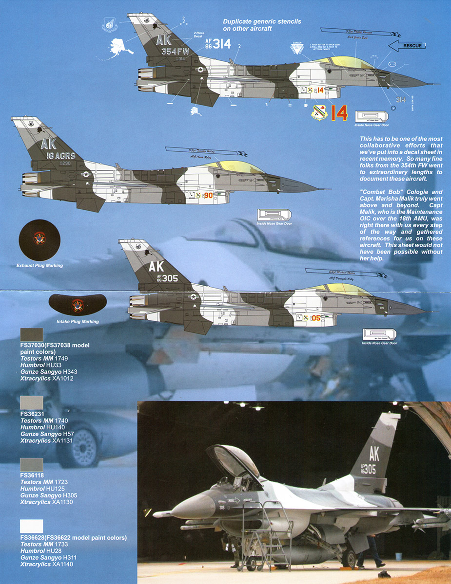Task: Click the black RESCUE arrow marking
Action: tap(408, 46)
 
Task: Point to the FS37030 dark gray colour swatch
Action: tap(32, 335)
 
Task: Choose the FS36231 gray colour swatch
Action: tap(32, 403)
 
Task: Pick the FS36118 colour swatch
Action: tap(32, 465)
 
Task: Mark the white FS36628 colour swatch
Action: tap(32, 527)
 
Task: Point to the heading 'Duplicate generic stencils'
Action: tap(262, 21)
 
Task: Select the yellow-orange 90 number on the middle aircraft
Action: tap(208, 195)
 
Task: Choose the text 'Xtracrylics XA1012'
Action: tap(47, 378)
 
